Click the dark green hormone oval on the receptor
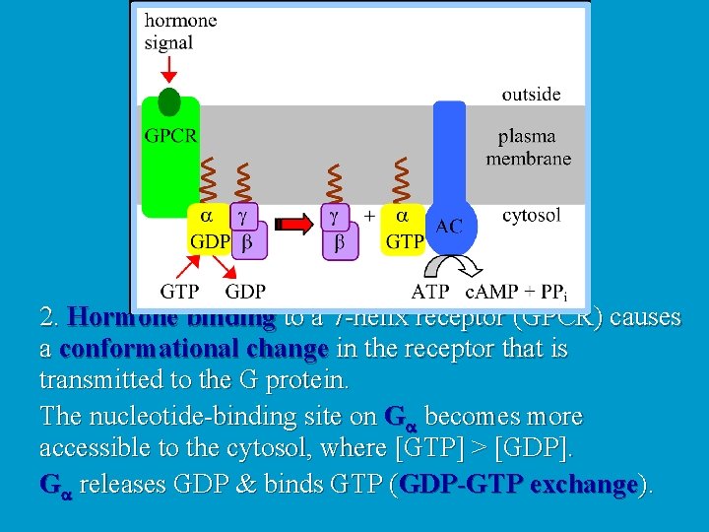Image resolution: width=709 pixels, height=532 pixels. pyautogui.click(x=169, y=101)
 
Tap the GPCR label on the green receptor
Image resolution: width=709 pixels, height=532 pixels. pyautogui.click(x=170, y=136)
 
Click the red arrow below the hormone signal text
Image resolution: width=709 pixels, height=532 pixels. pyautogui.click(x=168, y=70)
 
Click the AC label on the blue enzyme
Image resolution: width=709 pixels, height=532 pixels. pyautogui.click(x=448, y=227)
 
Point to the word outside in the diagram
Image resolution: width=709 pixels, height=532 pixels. pyautogui.click(x=531, y=95)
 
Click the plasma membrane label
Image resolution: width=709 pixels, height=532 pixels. pyautogui.click(x=528, y=148)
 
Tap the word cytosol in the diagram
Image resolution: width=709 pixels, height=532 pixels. pyautogui.click(x=532, y=215)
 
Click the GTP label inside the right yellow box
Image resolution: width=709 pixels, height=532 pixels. pyautogui.click(x=405, y=241)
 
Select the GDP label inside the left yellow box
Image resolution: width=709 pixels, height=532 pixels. pyautogui.click(x=210, y=241)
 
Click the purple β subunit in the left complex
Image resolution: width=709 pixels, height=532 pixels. pyautogui.click(x=248, y=240)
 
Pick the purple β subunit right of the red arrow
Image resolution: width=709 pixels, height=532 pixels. pyautogui.click(x=340, y=241)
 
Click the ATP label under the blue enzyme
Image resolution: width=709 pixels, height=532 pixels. pyautogui.click(x=430, y=292)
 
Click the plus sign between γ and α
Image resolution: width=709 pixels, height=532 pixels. pyautogui.click(x=369, y=215)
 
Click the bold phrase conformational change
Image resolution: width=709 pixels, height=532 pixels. pyautogui.click(x=193, y=350)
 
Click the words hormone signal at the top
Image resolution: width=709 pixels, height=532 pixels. pyautogui.click(x=181, y=31)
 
